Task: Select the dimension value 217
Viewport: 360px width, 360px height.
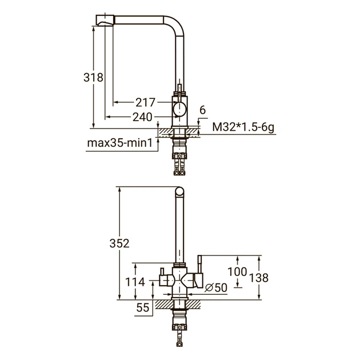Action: point(146,103)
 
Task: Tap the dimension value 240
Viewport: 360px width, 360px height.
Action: point(142,117)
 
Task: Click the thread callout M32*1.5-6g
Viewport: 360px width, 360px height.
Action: point(243,127)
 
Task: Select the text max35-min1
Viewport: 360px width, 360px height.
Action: point(121,142)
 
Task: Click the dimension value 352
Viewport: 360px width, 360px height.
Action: point(119,242)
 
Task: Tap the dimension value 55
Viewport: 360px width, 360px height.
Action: point(143,307)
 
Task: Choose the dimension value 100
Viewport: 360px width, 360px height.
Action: point(237,271)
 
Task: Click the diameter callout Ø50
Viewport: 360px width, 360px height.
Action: point(215,288)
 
